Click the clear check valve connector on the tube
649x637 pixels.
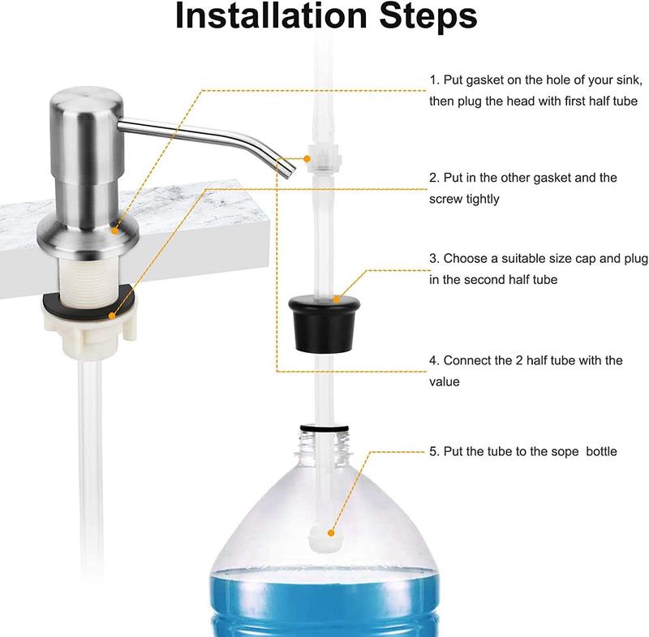322,159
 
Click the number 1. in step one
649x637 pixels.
434,80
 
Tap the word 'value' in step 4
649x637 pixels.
445,381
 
